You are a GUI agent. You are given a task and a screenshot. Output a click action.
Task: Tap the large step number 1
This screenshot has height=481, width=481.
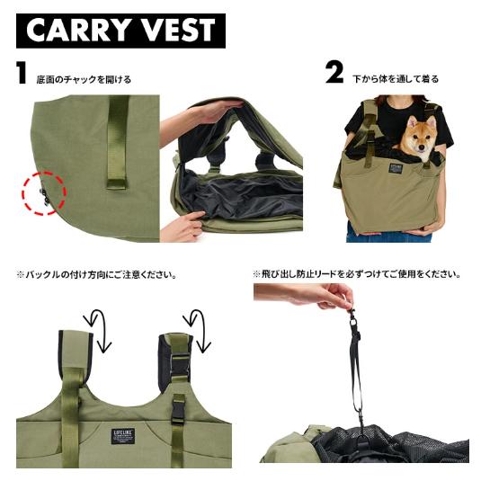coord(22,73)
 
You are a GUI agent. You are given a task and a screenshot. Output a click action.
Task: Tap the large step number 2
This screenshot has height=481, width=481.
coord(334,73)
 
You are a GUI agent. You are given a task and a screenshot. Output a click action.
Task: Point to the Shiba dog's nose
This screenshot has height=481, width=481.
coord(421,147)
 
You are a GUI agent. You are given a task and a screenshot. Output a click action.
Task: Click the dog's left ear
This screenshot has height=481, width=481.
coord(432,122)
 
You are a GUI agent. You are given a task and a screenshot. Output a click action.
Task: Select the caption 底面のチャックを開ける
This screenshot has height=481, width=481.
coord(84,80)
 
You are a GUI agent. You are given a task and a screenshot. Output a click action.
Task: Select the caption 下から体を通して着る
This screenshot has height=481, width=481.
coord(396,79)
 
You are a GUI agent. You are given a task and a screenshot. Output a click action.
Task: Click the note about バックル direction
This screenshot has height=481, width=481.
coord(97,274)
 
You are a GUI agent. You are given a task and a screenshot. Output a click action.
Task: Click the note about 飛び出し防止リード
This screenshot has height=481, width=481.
coord(357,274)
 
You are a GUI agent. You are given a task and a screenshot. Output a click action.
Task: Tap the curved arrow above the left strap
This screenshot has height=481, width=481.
coord(99,330)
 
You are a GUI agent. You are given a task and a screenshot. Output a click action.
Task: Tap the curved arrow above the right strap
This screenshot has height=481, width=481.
coord(197,330)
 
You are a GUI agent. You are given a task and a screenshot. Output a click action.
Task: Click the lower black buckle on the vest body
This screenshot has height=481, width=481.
coord(179,408)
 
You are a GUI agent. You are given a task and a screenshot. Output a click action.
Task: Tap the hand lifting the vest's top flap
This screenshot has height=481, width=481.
coord(215,110)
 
